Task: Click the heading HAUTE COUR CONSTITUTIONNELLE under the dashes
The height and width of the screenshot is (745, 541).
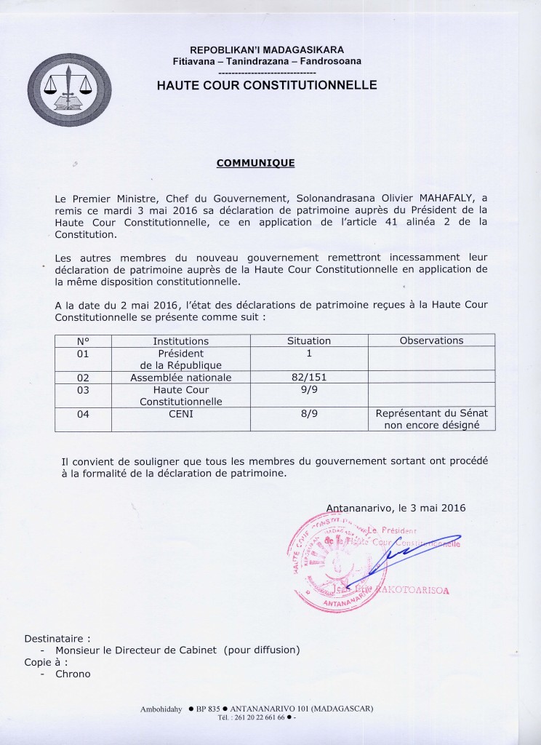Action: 267,85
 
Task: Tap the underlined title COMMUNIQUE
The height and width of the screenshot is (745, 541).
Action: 255,163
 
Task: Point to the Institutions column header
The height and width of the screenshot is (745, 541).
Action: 180,340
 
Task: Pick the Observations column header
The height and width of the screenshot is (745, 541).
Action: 431,340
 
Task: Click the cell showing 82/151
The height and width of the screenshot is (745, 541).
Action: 309,378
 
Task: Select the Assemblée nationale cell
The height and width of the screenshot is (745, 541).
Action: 180,378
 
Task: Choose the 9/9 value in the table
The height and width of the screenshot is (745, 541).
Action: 309,390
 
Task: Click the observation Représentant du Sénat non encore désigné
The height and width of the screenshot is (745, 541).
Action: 431,420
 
